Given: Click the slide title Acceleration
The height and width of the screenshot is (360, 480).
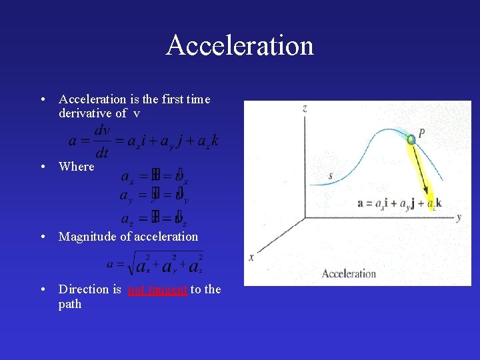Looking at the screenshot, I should pos(240,45).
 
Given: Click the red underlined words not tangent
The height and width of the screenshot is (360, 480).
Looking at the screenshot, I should pos(157,289).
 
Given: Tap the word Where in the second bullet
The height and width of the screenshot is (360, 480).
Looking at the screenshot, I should pos(77,166).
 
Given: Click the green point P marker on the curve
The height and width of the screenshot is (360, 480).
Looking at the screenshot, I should pos(412,139).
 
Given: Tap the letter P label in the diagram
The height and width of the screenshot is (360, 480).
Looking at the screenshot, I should pos(422,133).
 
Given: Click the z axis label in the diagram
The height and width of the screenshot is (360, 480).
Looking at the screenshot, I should pos(305,108).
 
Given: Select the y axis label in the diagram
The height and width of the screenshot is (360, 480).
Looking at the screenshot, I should pos(459,217).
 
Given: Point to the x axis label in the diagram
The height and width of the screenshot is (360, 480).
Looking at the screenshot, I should pos(251,257).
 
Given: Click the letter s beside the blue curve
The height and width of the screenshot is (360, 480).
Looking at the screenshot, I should pos(331,176).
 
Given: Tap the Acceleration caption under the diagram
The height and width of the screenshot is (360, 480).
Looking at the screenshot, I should pos(349,273).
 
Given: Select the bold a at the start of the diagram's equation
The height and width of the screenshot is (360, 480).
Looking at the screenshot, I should pos(361,203).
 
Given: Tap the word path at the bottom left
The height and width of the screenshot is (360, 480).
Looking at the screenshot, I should pos(70,304).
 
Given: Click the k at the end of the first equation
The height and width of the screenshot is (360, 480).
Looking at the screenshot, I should pos(214,141).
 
